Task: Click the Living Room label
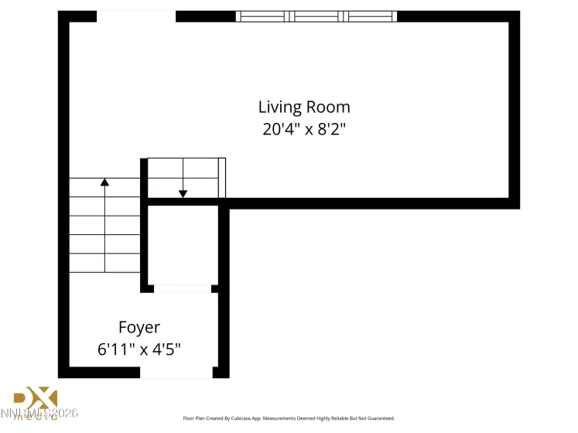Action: coord(304,107)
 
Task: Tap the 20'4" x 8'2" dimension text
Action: coord(304,129)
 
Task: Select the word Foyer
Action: coord(139,327)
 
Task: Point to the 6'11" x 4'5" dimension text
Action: coord(139,349)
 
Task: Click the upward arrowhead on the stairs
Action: coord(104,182)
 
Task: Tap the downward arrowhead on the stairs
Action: coord(183,193)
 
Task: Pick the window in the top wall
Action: coord(316,16)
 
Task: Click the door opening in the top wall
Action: coord(136,16)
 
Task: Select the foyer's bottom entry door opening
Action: coord(176,373)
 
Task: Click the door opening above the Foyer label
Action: coord(183,289)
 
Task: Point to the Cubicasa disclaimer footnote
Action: coord(288,418)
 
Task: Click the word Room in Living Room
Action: coord(331,107)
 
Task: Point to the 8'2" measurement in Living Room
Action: coord(329,129)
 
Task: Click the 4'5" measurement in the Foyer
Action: coord(166,349)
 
